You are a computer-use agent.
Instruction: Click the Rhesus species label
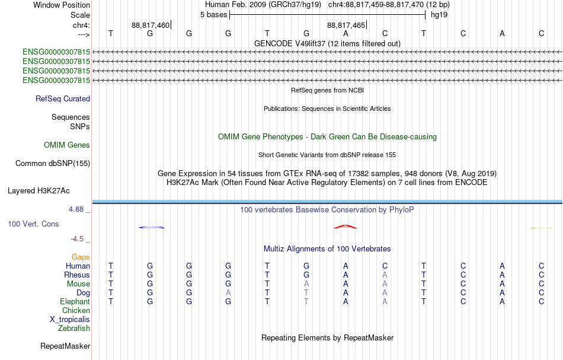pos(77,275)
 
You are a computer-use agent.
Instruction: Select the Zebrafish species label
pos(74,328)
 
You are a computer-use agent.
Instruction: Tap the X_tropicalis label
pos(70,320)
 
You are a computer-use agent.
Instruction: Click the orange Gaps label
pos(81,257)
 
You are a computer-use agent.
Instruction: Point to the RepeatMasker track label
pos(65,346)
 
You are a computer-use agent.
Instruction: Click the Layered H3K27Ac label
pos(39,191)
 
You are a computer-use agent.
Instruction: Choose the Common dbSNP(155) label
pos(52,164)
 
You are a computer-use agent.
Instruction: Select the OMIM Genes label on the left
pos(67,145)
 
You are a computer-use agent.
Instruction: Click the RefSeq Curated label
pos(63,99)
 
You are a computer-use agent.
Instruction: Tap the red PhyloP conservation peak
pos(346,227)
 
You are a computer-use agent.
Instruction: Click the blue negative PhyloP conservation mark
pos(152,227)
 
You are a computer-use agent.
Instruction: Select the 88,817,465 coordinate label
pos(346,25)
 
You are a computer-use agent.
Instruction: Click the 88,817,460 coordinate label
pos(151,25)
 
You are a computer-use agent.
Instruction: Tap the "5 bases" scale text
pos(213,15)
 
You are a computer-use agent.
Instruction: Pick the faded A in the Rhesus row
pos(385,275)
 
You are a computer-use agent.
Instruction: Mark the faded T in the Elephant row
pos(306,301)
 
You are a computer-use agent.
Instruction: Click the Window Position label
pos(62,5)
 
